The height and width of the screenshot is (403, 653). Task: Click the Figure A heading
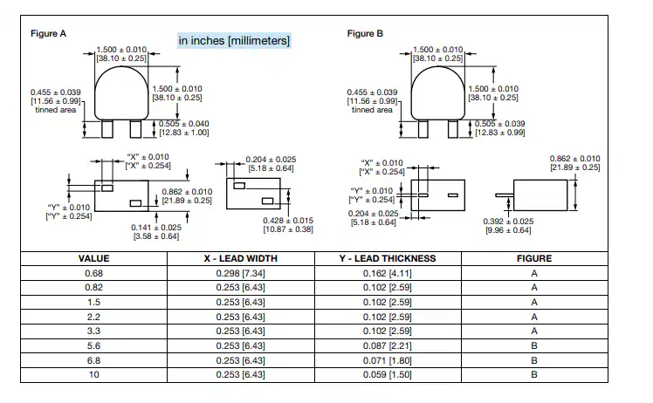click(49, 33)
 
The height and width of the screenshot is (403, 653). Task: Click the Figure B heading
click(365, 33)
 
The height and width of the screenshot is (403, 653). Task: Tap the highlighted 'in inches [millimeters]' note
click(233, 41)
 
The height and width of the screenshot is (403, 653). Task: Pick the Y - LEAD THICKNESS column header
click(388, 258)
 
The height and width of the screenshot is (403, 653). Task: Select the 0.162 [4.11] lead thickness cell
click(388, 273)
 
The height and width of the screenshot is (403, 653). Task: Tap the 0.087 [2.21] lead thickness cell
click(388, 345)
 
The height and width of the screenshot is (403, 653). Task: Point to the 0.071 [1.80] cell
click(388, 359)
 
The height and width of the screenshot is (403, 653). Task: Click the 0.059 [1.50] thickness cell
click(388, 374)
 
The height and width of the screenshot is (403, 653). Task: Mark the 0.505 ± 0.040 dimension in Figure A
click(184, 124)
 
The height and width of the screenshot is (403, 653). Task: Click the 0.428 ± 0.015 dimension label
click(287, 221)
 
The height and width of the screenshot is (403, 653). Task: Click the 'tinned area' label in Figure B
click(372, 110)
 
